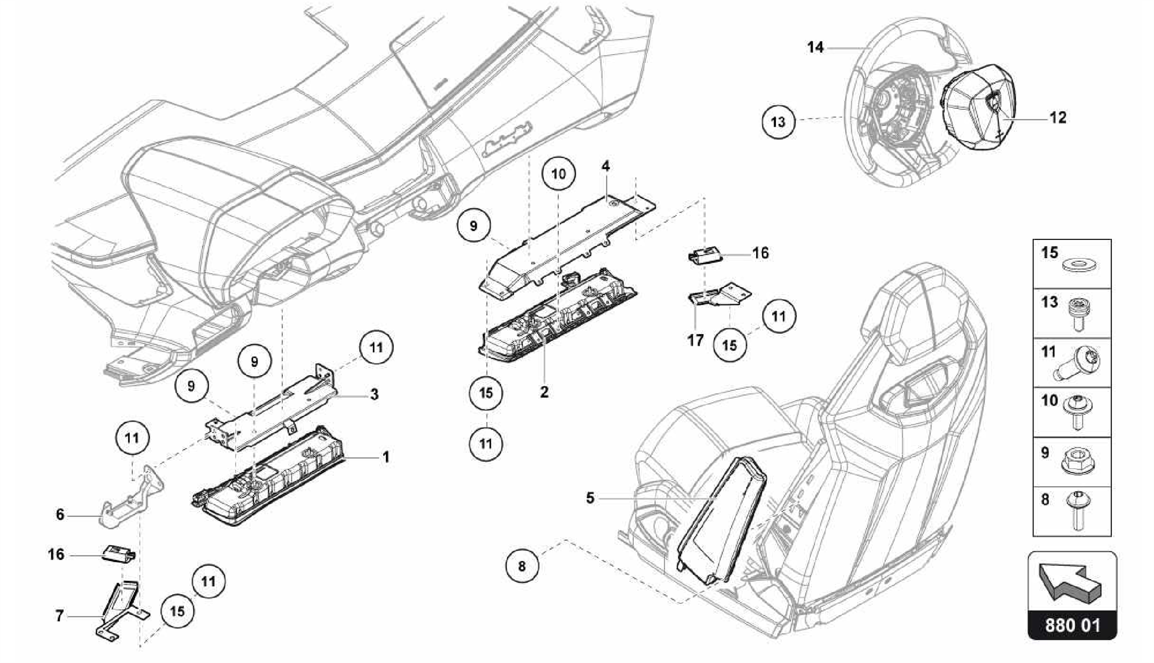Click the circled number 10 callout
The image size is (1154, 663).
point(558,173)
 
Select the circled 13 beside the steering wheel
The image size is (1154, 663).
point(778,122)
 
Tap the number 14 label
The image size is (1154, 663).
point(815,47)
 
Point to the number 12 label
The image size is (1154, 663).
point(1058,118)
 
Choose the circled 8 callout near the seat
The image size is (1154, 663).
point(522,566)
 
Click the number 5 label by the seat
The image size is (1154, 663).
point(590,498)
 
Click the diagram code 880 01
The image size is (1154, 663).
point(1072,625)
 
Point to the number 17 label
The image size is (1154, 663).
point(695,340)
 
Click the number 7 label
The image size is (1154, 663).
point(59,616)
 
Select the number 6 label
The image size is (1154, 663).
point(60,514)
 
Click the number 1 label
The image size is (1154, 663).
point(386,457)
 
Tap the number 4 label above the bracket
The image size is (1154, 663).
point(605,166)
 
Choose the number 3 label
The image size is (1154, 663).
point(374,394)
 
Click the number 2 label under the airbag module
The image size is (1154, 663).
point(544,391)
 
